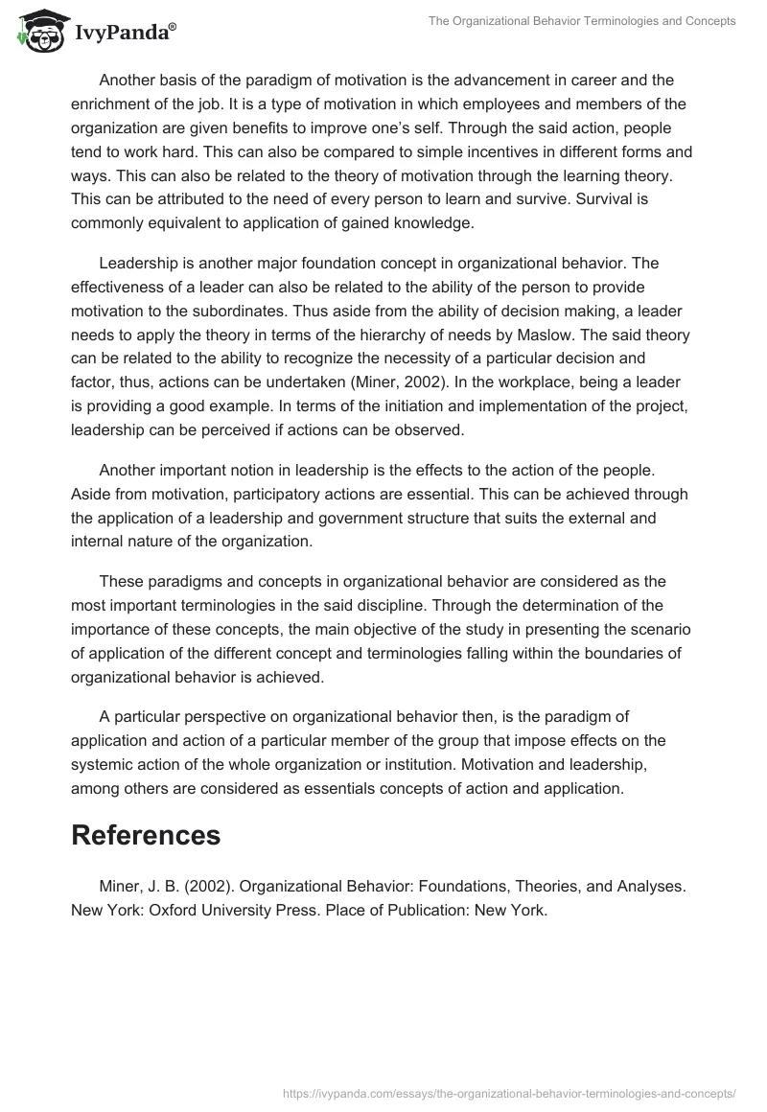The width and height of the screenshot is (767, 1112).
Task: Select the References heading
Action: [x=146, y=834]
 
